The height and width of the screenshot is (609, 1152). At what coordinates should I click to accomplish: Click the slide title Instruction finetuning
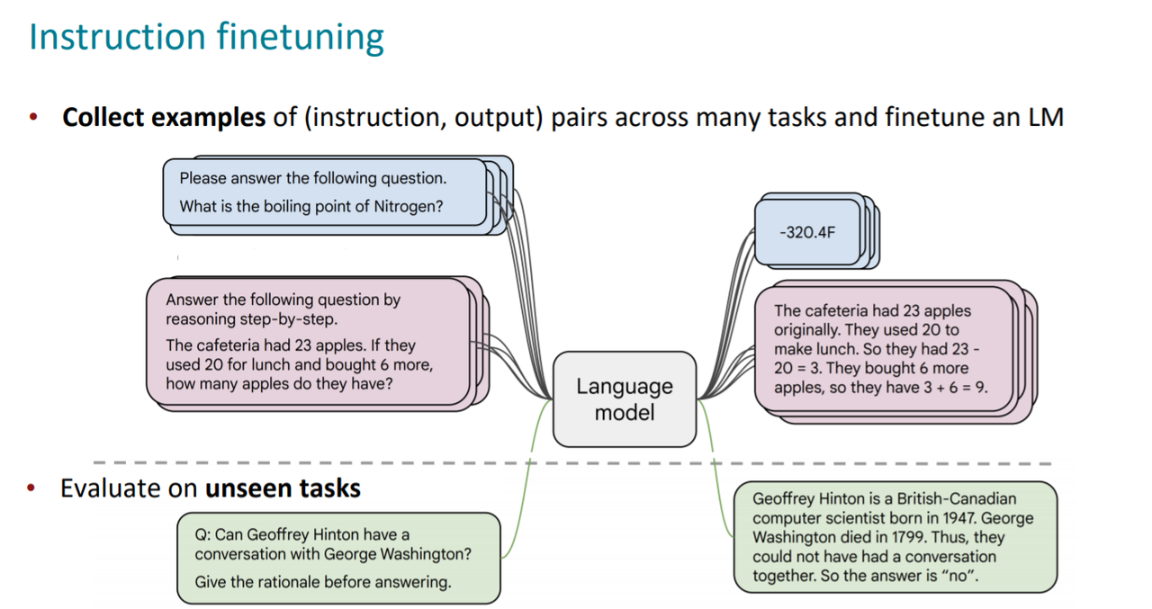[x=206, y=37]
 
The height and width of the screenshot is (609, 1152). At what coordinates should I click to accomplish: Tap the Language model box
[x=624, y=399]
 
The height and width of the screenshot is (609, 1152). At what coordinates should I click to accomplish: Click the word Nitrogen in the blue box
[x=409, y=206]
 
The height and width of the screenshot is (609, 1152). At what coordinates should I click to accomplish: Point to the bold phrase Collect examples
[x=163, y=118]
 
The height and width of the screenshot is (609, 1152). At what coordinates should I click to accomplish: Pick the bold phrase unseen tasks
[x=283, y=488]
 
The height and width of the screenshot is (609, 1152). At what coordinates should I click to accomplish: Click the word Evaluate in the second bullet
[x=111, y=488]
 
